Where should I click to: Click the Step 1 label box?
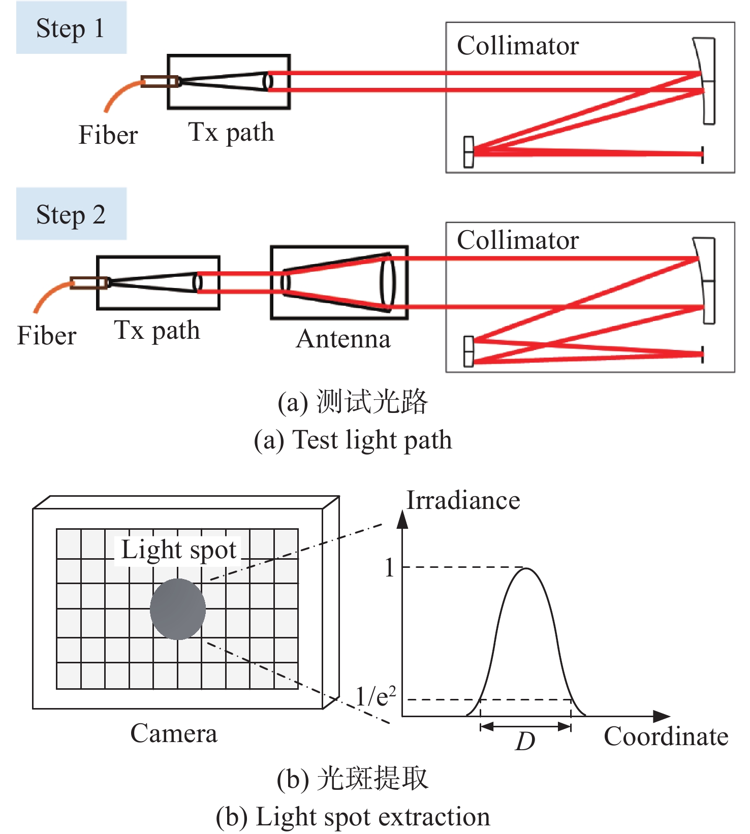pyautogui.click(x=71, y=28)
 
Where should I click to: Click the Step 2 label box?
pyautogui.click(x=71, y=214)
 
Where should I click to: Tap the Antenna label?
pyautogui.click(x=343, y=339)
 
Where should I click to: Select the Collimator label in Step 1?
pyautogui.click(x=518, y=46)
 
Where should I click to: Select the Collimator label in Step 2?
pyautogui.click(x=518, y=240)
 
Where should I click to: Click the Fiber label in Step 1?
pyautogui.click(x=108, y=135)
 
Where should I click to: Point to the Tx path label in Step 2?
pyautogui.click(x=157, y=330)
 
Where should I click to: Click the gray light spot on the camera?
pyautogui.click(x=178, y=609)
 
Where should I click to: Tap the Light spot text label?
pyautogui.click(x=179, y=550)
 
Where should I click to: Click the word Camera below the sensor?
pyautogui.click(x=174, y=733)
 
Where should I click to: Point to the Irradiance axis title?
pyautogui.click(x=463, y=501)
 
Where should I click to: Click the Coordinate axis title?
pyautogui.click(x=666, y=736)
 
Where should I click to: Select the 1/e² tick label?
pyautogui.click(x=375, y=696)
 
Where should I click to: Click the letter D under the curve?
pyautogui.click(x=525, y=742)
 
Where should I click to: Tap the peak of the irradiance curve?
pyautogui.click(x=526, y=569)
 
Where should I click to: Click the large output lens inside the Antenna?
pyautogui.click(x=387, y=282)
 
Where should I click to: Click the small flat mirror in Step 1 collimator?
pyautogui.click(x=468, y=152)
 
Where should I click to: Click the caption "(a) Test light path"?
pyautogui.click(x=353, y=440)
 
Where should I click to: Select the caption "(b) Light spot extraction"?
pyautogui.click(x=353, y=817)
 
